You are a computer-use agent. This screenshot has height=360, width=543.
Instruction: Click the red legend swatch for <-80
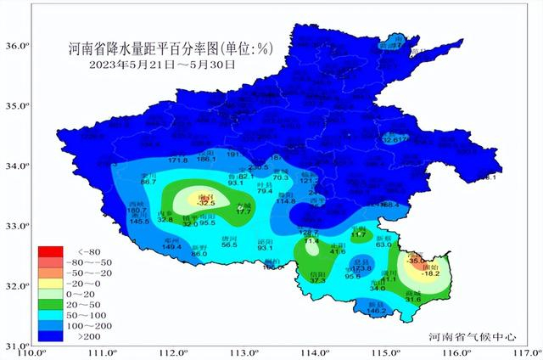click(x=51, y=252)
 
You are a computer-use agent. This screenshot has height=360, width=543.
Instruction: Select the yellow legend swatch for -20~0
click(x=51, y=284)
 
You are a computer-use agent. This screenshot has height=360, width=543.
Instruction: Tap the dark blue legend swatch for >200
click(x=51, y=336)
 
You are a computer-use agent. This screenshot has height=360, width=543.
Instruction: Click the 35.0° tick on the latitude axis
click(x=18, y=106)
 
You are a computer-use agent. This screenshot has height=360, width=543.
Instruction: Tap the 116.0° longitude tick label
click(x=459, y=352)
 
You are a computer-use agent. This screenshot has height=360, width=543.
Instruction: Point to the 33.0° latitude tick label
click(x=18, y=227)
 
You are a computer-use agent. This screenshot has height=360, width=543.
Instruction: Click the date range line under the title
click(x=161, y=64)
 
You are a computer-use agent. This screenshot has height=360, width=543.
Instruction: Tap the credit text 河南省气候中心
click(x=473, y=337)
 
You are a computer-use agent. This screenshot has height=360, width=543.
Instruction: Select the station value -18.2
click(x=432, y=273)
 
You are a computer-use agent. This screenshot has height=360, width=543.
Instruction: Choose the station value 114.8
click(x=285, y=201)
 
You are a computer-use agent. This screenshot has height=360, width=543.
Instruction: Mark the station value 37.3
click(x=318, y=279)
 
